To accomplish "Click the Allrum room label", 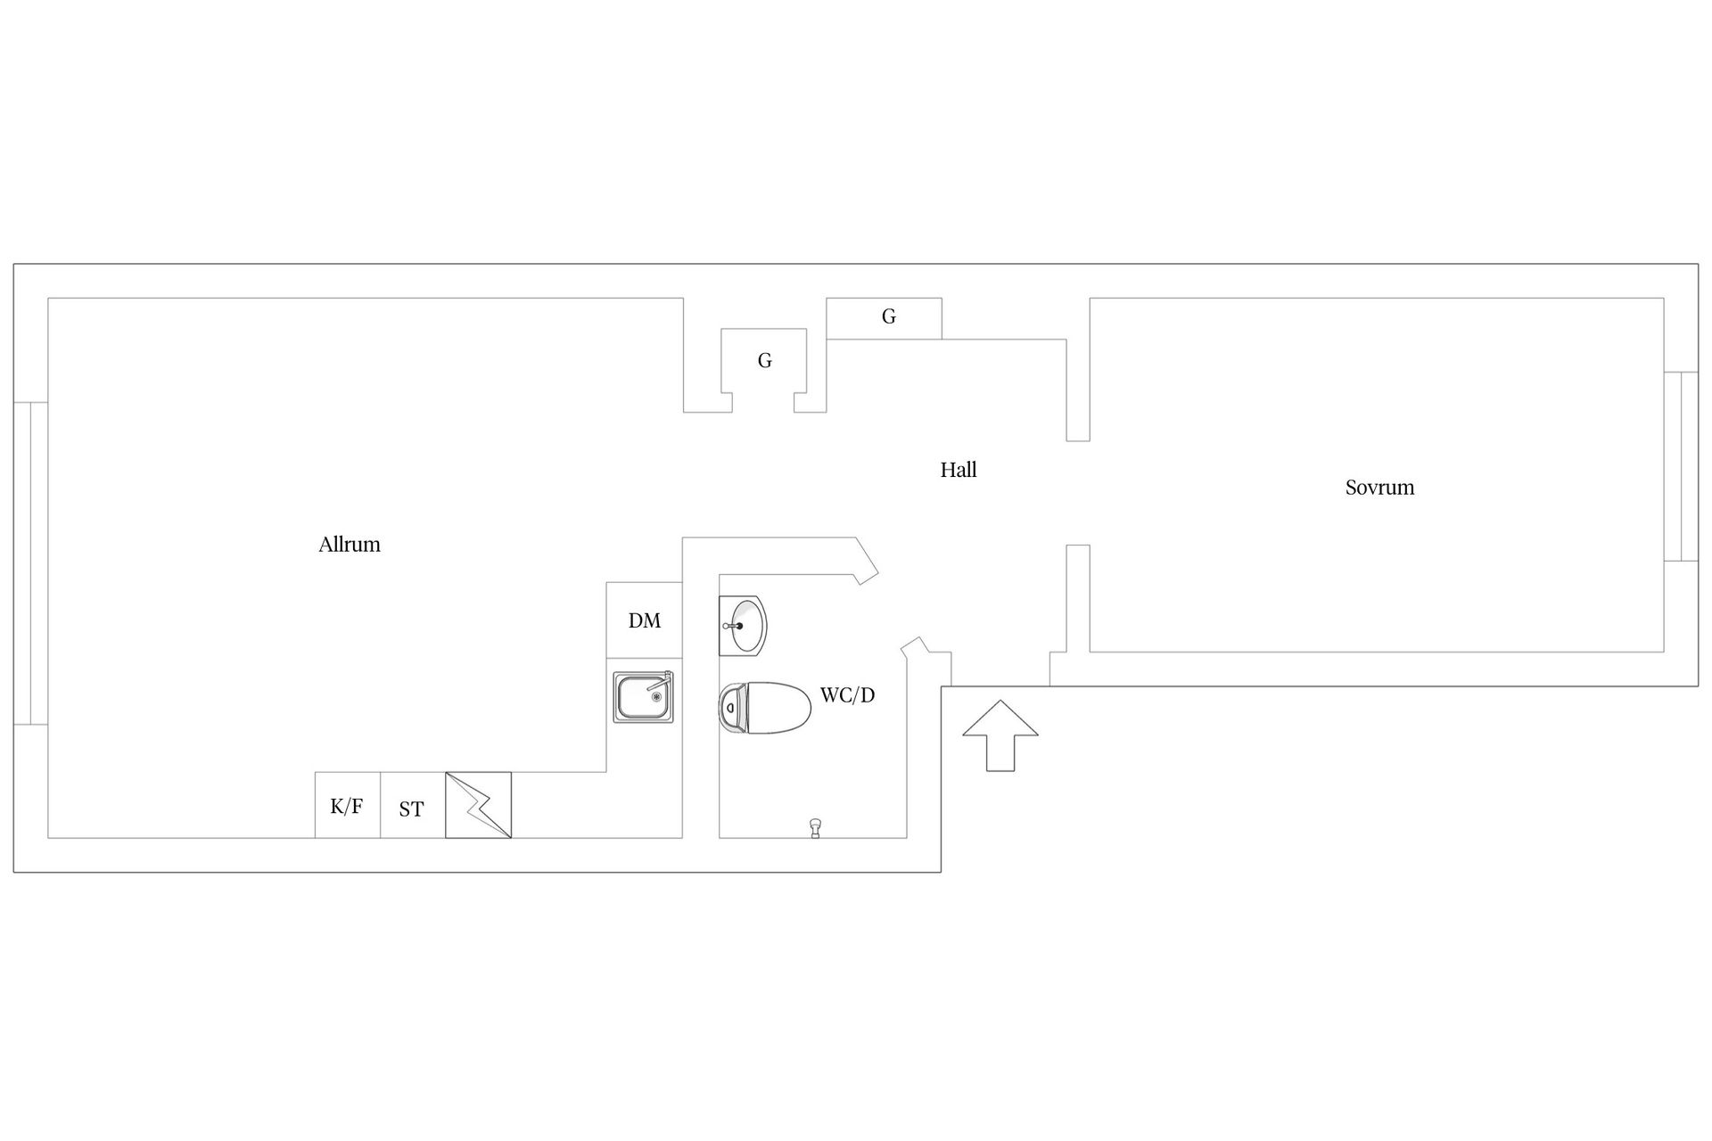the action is (350, 545).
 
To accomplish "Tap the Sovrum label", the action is (1379, 488).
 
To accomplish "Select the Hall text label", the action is (959, 470).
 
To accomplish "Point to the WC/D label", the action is (847, 695).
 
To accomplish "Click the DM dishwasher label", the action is (645, 621).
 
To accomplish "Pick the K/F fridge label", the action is (347, 807).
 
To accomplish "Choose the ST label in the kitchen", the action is (411, 809).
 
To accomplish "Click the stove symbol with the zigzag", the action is (479, 805).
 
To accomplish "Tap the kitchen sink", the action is (643, 696).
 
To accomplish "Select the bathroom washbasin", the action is (743, 626).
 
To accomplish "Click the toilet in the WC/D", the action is (765, 708).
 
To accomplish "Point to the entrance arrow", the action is (1000, 735).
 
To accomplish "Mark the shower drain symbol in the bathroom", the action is (815, 828).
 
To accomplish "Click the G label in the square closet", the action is (764, 361).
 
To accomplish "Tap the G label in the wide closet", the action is (888, 316).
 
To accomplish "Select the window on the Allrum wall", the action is (30, 563).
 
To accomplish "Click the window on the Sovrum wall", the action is (1681, 466).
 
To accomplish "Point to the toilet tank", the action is (731, 708).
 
